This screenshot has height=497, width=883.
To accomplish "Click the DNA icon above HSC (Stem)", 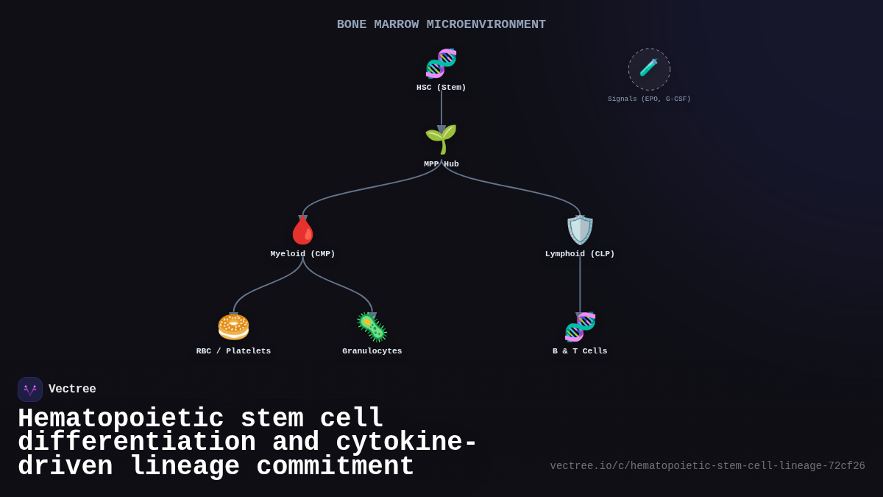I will click(x=441, y=63).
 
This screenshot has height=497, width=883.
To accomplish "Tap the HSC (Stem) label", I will click(x=441, y=88).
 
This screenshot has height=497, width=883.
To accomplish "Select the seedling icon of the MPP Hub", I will click(x=441, y=139).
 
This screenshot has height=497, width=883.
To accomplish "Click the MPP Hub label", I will click(x=441, y=164).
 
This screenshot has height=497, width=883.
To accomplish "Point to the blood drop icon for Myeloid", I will click(x=302, y=230).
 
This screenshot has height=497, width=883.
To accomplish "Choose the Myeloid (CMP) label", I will click(x=302, y=254).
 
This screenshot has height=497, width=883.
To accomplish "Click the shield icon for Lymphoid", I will click(x=580, y=230).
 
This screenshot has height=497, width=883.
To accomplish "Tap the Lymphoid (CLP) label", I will click(x=580, y=254).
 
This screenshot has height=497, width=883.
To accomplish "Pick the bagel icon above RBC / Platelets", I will click(x=233, y=326).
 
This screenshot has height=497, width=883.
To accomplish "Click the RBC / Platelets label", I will click(x=233, y=351).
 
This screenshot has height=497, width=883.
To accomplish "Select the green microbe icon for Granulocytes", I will click(x=372, y=327).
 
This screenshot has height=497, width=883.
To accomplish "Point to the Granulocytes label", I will click(x=372, y=351).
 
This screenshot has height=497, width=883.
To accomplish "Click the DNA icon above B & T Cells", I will click(x=580, y=327).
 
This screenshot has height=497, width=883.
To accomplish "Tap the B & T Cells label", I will click(x=580, y=351).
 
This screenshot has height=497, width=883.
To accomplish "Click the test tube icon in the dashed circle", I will click(x=649, y=68).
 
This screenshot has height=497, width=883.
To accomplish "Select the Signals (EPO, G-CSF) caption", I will click(x=649, y=99).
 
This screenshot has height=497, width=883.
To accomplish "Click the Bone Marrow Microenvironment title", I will click(x=441, y=24).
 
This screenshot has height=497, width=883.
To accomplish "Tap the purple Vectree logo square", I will click(x=30, y=390).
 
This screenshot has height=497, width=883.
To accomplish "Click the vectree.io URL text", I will click(x=707, y=466).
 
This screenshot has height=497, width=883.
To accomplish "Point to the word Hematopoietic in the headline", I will click(x=120, y=419).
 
